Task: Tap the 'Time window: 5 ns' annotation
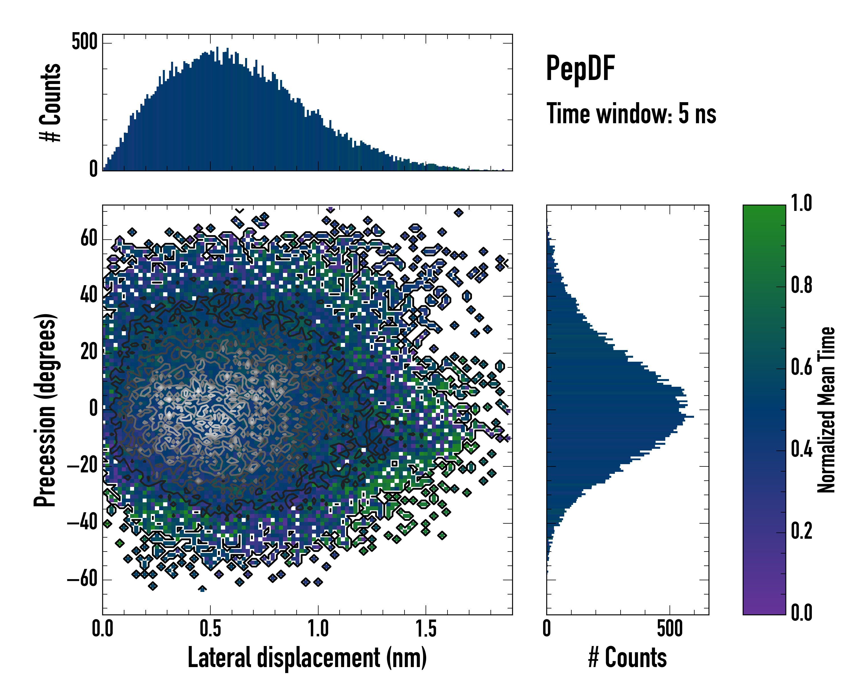pyautogui.click(x=631, y=114)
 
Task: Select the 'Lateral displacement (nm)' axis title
pyautogui.click(x=307, y=657)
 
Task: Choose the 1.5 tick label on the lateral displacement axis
pyautogui.click(x=426, y=628)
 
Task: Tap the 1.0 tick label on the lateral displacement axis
pyautogui.click(x=318, y=628)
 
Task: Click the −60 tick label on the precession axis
pyautogui.click(x=82, y=579)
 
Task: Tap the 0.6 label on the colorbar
pyautogui.click(x=801, y=367)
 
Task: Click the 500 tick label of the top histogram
pyautogui.click(x=84, y=42)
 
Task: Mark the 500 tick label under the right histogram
pyautogui.click(x=670, y=628)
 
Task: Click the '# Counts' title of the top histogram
pyautogui.click(x=50, y=102)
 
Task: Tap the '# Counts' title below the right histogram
pyautogui.click(x=627, y=657)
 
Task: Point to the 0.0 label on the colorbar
pyautogui.click(x=801, y=612)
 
